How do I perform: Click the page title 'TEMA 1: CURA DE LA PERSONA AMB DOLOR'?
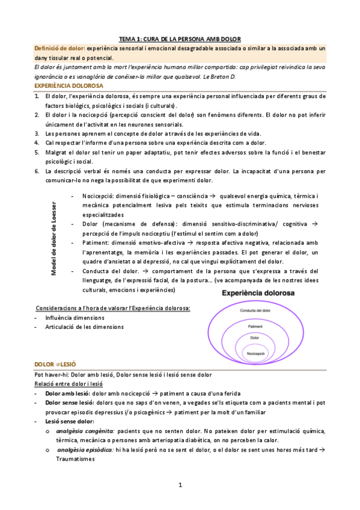[180, 37]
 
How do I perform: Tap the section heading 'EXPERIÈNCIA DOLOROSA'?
[69, 86]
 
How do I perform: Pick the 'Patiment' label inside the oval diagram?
[254, 327]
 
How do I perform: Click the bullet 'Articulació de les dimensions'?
[85, 327]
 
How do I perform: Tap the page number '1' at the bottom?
[180, 485]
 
